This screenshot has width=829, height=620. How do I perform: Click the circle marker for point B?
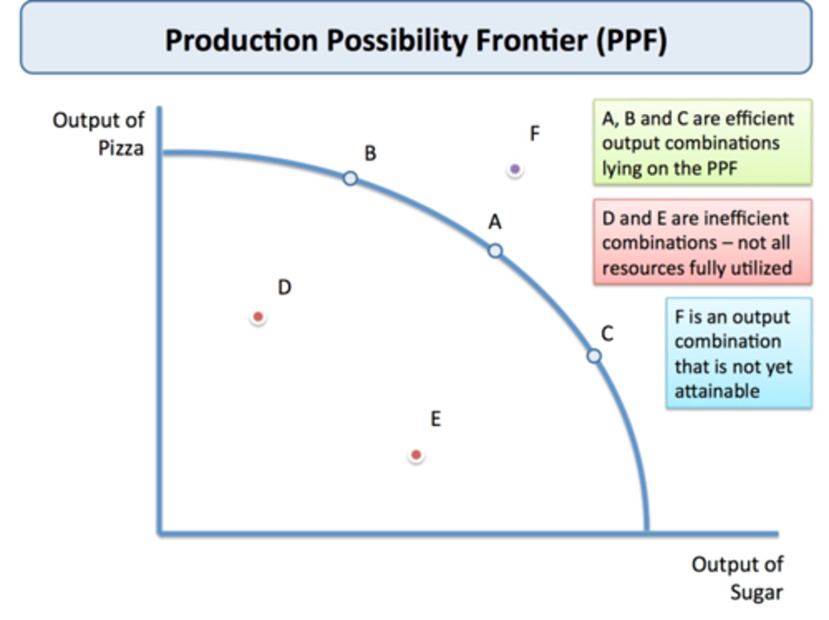[350, 178]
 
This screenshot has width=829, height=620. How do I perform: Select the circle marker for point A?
[495, 251]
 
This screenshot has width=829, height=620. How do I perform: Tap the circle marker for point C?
[594, 356]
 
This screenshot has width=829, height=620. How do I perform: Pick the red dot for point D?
[258, 317]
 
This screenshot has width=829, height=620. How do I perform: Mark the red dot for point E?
[416, 455]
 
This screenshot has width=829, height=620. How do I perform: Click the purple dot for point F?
[515, 169]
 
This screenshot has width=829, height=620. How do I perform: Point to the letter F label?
[535, 134]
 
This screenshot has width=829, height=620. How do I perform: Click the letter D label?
[284, 287]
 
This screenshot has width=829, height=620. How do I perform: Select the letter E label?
[436, 419]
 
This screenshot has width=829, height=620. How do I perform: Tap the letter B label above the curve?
[370, 153]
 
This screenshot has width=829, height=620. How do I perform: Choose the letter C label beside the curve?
[607, 334]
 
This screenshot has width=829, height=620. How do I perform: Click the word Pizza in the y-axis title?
[121, 149]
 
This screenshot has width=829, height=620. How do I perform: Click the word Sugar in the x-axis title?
[756, 592]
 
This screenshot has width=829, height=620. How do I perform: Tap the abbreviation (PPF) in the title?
[632, 40]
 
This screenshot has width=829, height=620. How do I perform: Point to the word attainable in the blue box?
[717, 391]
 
